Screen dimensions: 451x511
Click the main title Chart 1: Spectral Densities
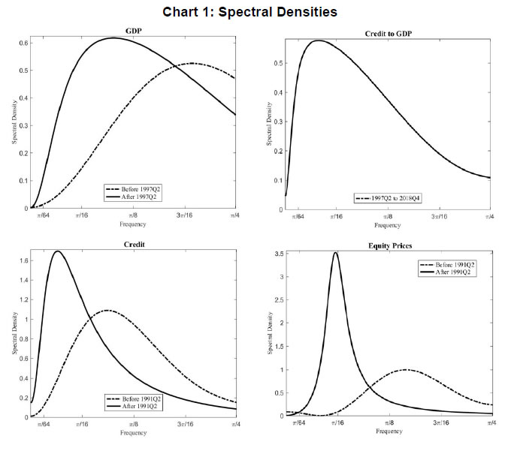[x=255, y=12]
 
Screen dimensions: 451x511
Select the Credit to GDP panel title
[x=389, y=34]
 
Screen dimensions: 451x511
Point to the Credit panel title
[x=134, y=245]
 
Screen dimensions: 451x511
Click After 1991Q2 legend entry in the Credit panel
[x=137, y=406]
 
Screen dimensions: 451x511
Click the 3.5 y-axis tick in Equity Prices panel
[x=280, y=255]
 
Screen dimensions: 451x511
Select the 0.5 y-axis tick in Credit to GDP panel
[x=280, y=63]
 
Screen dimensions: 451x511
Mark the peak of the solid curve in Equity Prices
[x=335, y=253]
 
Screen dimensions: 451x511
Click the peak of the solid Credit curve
[x=57, y=251]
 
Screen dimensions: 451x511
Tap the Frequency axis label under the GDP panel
[x=133, y=224]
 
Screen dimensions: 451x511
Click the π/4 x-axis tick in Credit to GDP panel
[x=490, y=217]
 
